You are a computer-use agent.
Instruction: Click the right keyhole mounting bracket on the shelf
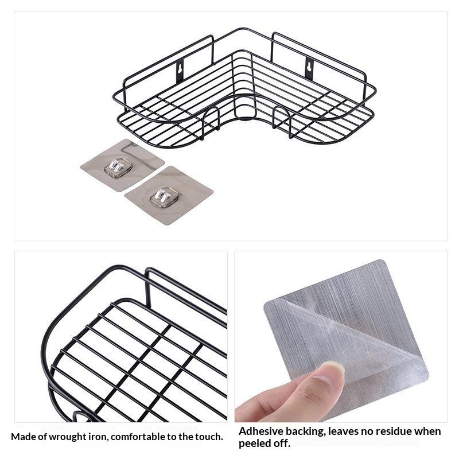tap(309, 68)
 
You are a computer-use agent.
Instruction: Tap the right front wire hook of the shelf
tap(282, 122)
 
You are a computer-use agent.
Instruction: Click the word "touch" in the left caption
tap(208, 437)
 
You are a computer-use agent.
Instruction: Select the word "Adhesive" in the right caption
tap(261, 431)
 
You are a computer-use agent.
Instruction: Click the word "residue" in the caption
tap(395, 431)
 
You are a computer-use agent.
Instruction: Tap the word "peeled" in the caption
tap(255, 444)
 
